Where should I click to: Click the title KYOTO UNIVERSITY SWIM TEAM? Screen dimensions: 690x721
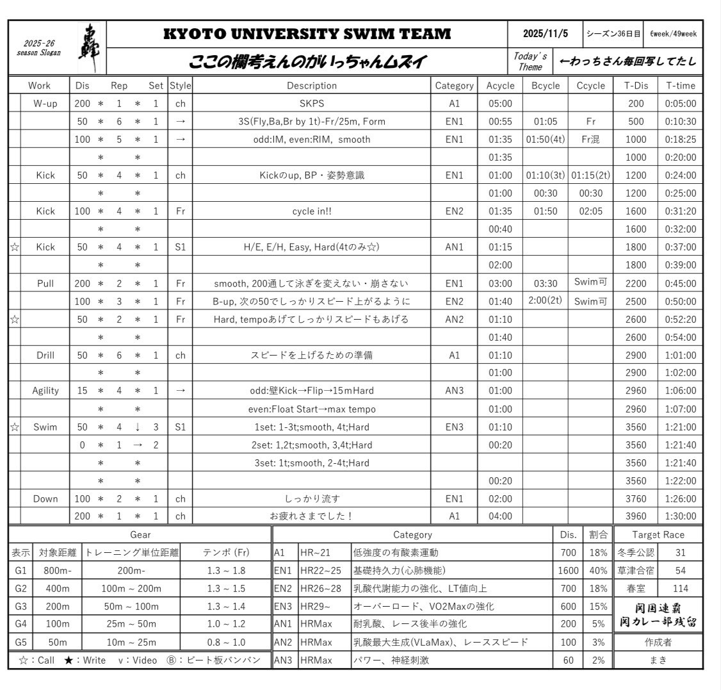pos(307,34)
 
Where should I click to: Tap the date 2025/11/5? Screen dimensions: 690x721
pos(545,34)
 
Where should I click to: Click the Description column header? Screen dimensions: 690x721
pos(311,85)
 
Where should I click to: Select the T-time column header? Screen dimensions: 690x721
pos(680,85)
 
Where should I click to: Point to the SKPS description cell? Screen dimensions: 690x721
pos(311,103)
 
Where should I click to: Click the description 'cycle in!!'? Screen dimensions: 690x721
pos(311,211)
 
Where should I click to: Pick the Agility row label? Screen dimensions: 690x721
pos(45,390)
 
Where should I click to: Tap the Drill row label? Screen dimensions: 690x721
pos(45,354)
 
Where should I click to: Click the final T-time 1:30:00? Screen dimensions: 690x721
pos(680,516)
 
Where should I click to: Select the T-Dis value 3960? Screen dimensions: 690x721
pos(636,516)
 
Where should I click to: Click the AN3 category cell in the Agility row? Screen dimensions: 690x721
pos(454,390)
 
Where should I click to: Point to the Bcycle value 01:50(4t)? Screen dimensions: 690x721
pos(545,139)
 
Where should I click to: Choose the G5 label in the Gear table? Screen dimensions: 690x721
pos(20,642)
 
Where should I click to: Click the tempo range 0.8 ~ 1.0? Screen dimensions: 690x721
pos(225,642)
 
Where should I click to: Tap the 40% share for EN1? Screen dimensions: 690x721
pos(598,570)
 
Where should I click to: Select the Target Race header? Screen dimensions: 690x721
pos(658,534)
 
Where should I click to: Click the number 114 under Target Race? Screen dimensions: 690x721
pos(680,588)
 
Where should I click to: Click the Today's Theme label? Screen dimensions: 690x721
pos(530,62)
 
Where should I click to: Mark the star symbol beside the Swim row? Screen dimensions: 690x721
pos(14,426)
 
